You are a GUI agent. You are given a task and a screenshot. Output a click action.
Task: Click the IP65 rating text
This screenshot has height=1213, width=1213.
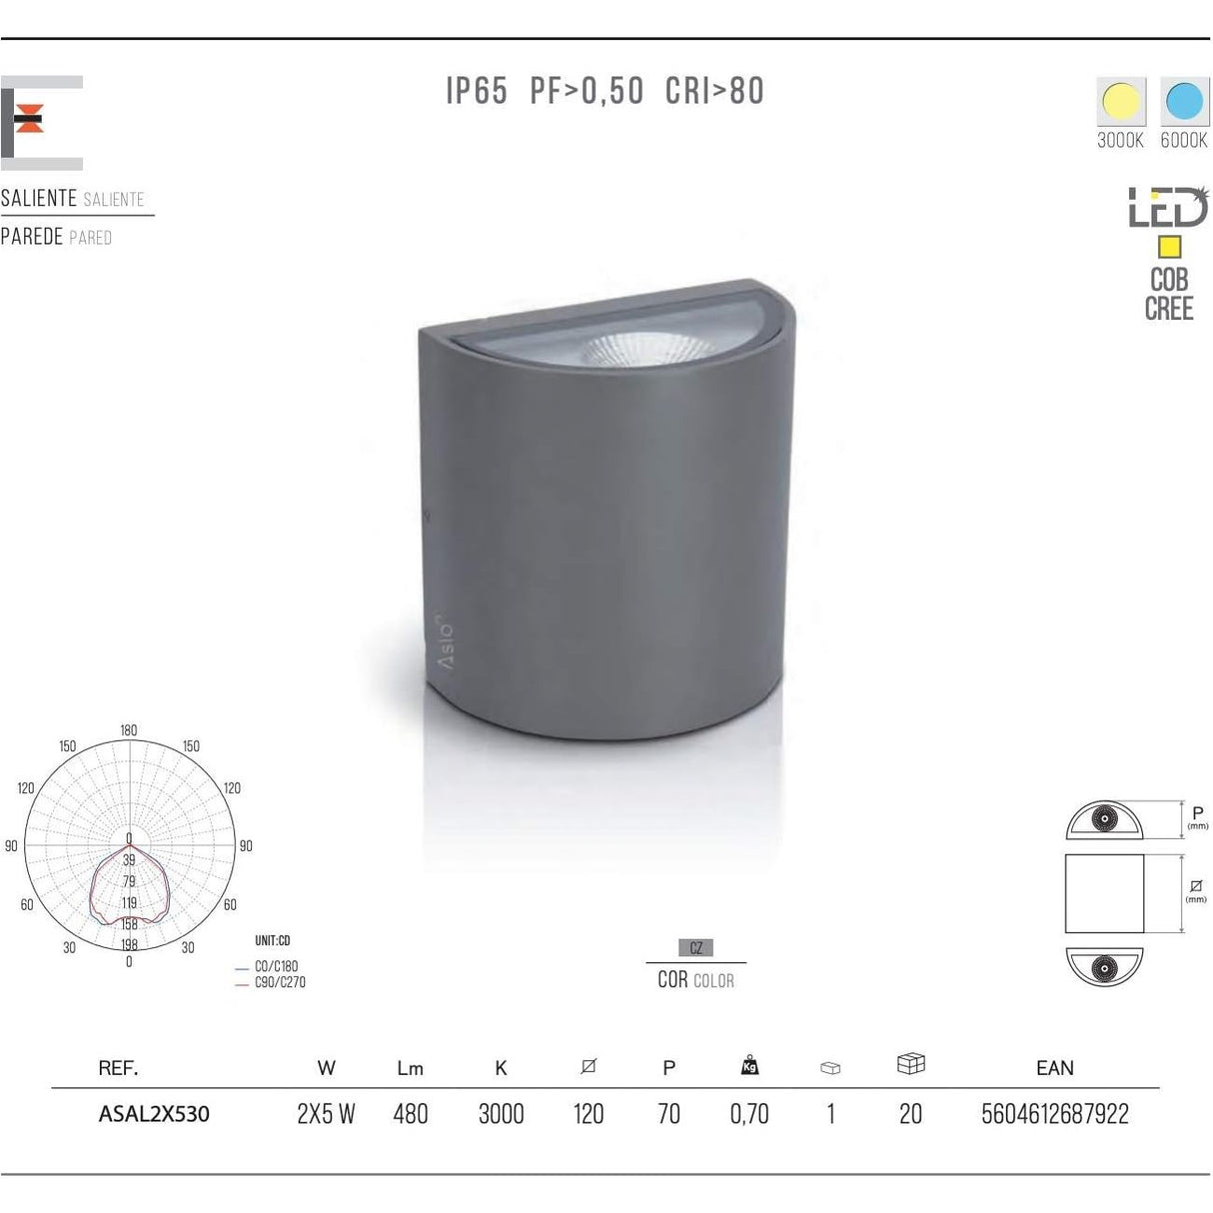(x=477, y=92)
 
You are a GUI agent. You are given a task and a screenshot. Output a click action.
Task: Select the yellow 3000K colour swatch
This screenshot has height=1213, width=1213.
(x=1121, y=102)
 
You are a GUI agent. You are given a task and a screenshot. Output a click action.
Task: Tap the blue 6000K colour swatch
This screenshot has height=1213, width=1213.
(x=1184, y=102)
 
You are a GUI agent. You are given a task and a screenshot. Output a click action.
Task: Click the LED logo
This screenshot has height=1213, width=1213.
(x=1168, y=209)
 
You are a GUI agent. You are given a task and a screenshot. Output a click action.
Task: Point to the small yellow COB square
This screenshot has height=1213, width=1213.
(x=1168, y=247)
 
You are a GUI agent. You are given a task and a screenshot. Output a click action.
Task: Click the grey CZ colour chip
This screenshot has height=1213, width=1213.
(x=695, y=947)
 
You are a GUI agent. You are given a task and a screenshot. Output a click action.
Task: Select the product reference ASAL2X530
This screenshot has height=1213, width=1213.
(x=154, y=1114)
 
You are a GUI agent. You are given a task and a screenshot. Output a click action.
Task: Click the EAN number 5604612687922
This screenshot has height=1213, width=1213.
(x=1055, y=1114)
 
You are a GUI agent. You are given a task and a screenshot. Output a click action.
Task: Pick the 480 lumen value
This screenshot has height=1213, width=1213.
(x=411, y=1114)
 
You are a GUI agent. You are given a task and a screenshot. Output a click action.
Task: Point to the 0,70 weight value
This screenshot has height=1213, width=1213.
(x=749, y=1114)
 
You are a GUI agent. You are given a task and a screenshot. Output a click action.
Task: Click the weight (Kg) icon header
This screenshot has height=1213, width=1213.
(x=749, y=1066)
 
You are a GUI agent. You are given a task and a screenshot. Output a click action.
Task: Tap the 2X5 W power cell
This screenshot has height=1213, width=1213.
(x=326, y=1114)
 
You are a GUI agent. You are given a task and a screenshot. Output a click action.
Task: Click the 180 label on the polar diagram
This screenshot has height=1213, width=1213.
(x=129, y=730)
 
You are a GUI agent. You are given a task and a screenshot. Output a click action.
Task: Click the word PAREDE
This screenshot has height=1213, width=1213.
(x=32, y=237)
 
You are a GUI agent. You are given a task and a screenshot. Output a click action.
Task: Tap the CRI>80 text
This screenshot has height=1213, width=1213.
(x=714, y=92)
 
